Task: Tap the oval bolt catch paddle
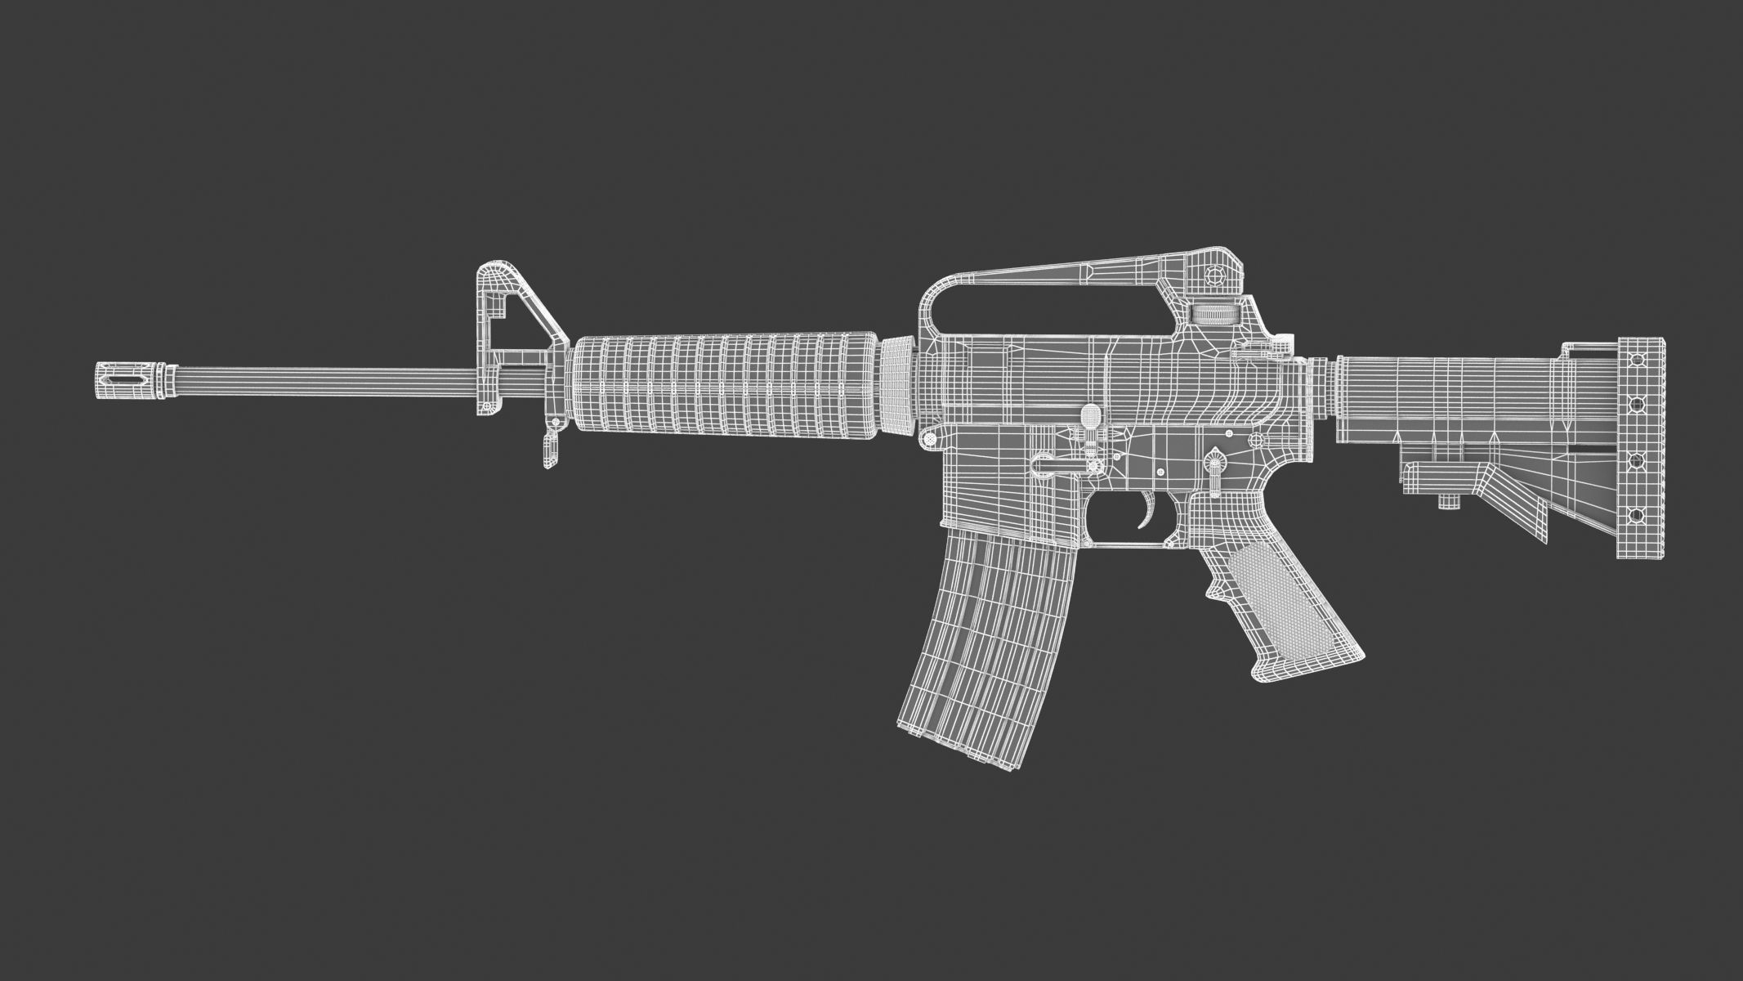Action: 1089,417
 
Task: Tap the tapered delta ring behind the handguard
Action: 899,384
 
